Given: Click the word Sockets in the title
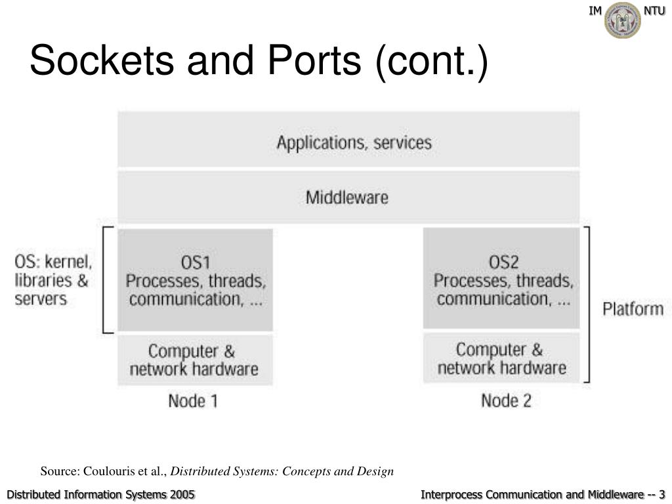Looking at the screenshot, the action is click(x=102, y=60).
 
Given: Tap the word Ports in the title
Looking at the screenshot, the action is click(x=314, y=60).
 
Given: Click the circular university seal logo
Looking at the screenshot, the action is click(x=622, y=20).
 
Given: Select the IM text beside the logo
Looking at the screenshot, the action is click(x=595, y=10).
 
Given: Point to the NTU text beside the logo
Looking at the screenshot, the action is click(x=654, y=10).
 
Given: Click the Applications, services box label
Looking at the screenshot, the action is click(x=354, y=142).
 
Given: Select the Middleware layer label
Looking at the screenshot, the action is click(x=347, y=198).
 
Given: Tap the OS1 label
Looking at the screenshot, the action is click(x=196, y=262).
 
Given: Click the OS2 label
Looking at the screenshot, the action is click(x=503, y=262).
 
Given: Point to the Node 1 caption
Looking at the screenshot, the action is click(x=193, y=401).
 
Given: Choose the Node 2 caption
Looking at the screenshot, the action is click(x=506, y=401).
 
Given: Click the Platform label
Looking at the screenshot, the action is click(x=633, y=309).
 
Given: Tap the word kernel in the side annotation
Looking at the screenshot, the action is click(x=68, y=261).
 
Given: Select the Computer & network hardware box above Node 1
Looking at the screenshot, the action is click(x=195, y=360).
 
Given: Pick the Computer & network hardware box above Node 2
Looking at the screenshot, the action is click(x=501, y=358).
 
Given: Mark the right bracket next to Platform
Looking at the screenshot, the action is click(x=589, y=304).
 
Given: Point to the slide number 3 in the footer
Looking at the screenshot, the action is click(x=661, y=494).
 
